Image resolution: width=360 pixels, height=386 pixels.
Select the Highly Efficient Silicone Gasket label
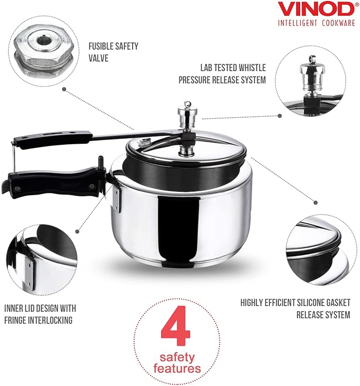pos(295,308)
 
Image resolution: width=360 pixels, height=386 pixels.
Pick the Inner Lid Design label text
pos(40,314)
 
